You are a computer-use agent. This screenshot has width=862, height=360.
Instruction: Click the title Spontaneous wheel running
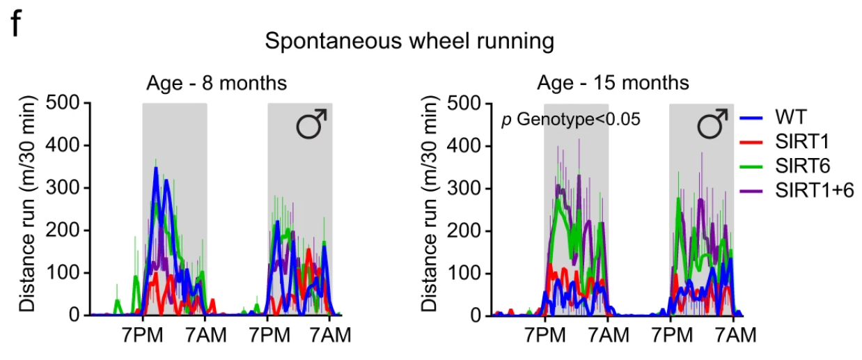click(409, 42)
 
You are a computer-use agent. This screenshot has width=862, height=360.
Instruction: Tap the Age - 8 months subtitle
click(217, 84)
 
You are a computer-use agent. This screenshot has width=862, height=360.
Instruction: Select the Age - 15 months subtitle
click(613, 84)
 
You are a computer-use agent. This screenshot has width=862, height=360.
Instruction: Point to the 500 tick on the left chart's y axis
click(64, 104)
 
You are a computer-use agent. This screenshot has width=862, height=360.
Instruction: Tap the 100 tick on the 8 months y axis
click(64, 274)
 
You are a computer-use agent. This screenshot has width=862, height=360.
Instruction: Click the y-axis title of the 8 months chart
click(27, 209)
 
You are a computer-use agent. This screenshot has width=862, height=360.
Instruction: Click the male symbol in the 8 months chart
click(311, 125)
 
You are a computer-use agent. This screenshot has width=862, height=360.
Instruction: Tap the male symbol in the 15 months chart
click(713, 125)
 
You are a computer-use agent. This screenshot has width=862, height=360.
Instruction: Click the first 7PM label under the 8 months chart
click(142, 336)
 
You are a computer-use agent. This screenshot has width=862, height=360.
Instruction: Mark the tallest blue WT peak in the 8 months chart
click(156, 169)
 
